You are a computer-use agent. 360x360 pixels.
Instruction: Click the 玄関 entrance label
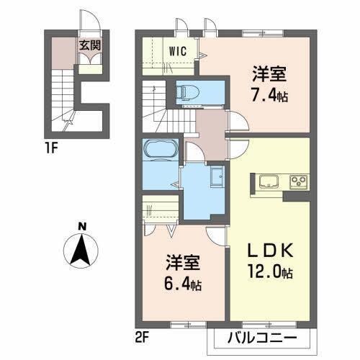tap(90, 45)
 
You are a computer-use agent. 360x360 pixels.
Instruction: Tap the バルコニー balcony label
tap(264, 337)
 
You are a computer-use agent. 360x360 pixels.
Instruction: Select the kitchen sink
tap(269, 180)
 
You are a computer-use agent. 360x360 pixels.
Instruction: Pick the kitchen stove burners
tap(298, 181)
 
